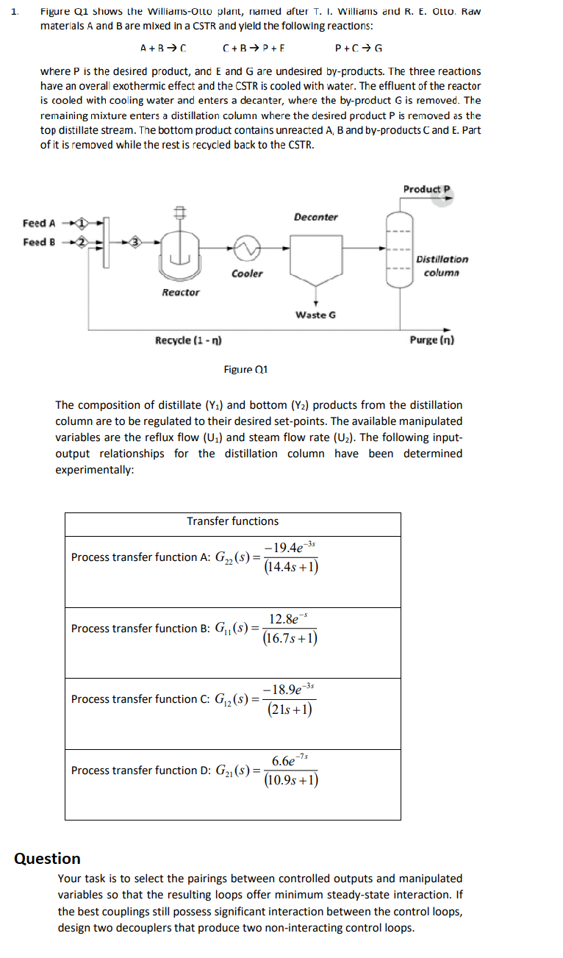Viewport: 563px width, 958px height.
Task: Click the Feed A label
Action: (x=39, y=223)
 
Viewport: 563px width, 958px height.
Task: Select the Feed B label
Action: (x=39, y=242)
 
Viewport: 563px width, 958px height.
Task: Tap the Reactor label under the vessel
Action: (x=180, y=292)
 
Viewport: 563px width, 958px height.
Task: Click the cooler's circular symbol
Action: (x=246, y=250)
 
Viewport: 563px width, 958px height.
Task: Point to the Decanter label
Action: (x=316, y=217)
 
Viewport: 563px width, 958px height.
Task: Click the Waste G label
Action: (x=315, y=315)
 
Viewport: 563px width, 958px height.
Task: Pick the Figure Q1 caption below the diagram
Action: (x=245, y=369)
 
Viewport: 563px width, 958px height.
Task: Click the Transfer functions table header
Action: (x=232, y=521)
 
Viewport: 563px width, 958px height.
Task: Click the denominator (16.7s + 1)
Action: (x=290, y=637)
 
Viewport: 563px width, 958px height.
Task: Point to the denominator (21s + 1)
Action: (x=290, y=709)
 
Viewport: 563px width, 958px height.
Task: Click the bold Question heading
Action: (x=48, y=858)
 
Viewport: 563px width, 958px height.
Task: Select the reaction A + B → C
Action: (x=163, y=49)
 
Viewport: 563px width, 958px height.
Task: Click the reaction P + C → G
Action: (x=359, y=49)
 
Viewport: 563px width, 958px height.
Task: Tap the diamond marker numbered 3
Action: (x=135, y=241)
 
